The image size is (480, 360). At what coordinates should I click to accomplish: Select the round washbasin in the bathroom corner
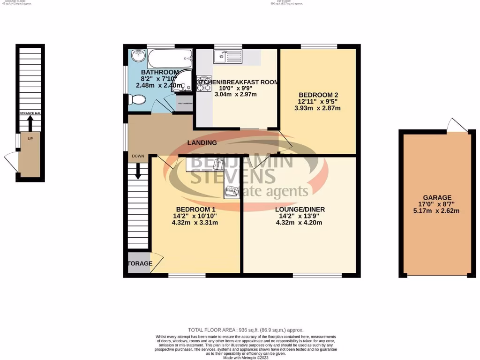pyautogui.click(x=138, y=56)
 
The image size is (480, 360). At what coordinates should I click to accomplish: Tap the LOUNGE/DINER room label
pyautogui.click(x=300, y=209)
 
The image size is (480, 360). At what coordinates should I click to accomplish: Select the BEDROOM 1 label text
pyautogui.click(x=195, y=209)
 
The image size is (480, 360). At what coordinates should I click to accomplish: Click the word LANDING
pyautogui.click(x=202, y=142)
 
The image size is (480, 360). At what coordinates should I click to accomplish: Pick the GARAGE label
pyautogui.click(x=437, y=197)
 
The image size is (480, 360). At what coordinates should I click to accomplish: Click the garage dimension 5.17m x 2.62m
pyautogui.click(x=437, y=211)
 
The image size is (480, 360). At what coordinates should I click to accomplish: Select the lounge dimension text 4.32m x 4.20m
pyautogui.click(x=300, y=223)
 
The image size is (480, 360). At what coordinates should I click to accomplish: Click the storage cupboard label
pyautogui.click(x=140, y=263)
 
